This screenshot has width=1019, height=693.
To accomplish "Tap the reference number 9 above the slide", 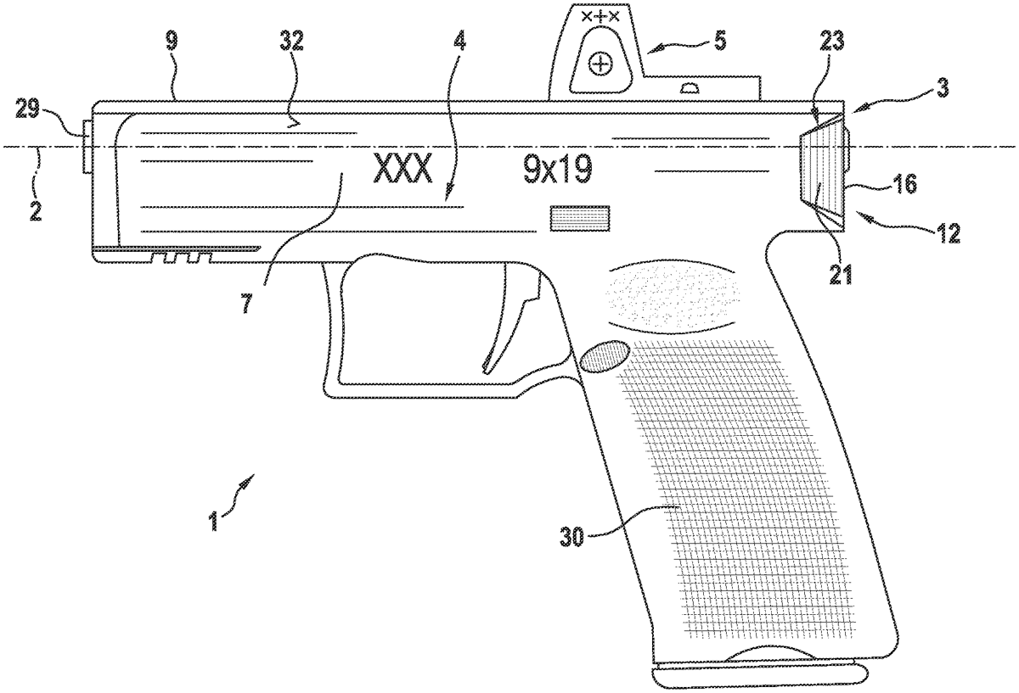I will (172, 42).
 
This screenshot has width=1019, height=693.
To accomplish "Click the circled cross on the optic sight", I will (601, 64).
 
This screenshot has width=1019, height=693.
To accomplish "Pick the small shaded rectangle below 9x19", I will (581, 218).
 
